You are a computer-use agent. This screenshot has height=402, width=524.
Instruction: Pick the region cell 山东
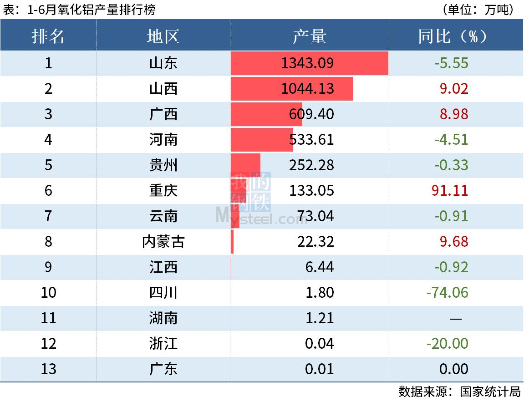coord(163,63)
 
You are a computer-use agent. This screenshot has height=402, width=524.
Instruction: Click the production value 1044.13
coord(307,88)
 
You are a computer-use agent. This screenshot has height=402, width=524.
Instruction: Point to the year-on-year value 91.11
coord(449,190)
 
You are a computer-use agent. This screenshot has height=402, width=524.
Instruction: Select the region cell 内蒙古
coord(163,241)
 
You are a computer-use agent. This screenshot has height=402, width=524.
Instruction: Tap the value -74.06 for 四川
coord(447,292)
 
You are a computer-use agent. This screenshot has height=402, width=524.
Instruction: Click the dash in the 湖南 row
coord(456,318)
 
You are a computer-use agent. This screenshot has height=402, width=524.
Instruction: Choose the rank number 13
coord(48,369)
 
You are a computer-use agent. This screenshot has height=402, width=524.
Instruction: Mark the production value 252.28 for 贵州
coord(311,165)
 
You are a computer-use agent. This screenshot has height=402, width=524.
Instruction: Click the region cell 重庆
coord(163,190)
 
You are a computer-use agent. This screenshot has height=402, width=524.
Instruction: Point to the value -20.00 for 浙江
coord(447,343)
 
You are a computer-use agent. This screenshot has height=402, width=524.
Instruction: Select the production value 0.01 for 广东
coord(319,369)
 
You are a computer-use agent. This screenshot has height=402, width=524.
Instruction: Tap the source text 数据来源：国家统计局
coord(459,392)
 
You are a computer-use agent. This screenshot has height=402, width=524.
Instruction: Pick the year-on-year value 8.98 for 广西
coord(453,114)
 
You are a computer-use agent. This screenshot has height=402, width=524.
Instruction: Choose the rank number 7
coord(48,216)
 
